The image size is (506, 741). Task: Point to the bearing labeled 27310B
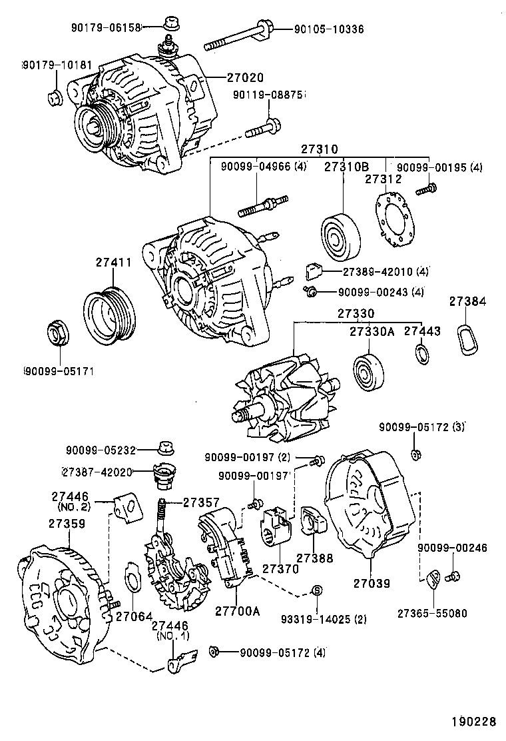(x=341, y=237)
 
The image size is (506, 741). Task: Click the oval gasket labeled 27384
(x=471, y=340)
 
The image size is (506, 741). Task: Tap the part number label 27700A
(x=238, y=610)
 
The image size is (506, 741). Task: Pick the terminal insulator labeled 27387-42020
(x=163, y=475)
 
